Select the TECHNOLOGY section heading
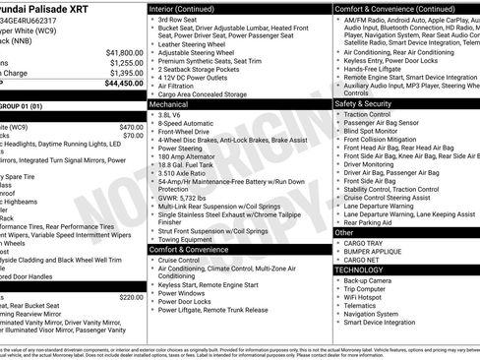[x=360, y=269]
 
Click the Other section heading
[x=345, y=233]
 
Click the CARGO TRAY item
[x=363, y=243]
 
